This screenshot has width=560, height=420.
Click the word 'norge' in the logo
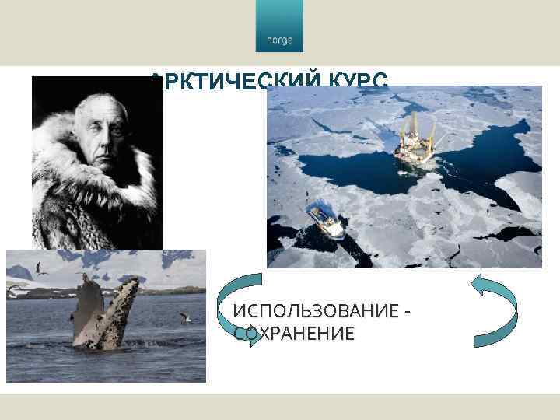point(279,40)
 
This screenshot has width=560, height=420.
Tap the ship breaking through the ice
point(327,219)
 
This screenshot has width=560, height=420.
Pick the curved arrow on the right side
point(497,308)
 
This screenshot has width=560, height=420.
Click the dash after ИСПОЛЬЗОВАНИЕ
point(407,312)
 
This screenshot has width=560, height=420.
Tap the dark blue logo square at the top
point(279,27)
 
